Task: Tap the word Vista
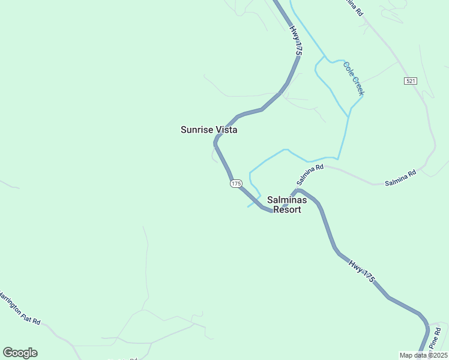(x=226, y=130)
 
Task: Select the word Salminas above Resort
(x=287, y=200)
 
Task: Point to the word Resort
(x=287, y=210)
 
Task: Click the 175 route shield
(x=235, y=184)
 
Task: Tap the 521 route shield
(x=411, y=81)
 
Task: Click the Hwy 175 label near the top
(x=295, y=41)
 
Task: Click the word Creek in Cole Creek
(x=358, y=86)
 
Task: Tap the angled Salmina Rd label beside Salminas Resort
(x=310, y=175)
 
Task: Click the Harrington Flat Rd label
(x=19, y=308)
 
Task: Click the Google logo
(x=20, y=353)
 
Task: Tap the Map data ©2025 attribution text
(x=423, y=355)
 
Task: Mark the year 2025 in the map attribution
(x=438, y=355)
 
